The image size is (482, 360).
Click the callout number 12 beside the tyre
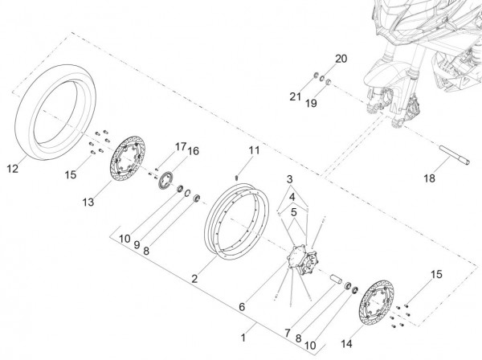click(12, 169)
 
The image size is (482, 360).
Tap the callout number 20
click(340, 60)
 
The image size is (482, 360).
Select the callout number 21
click(296, 96)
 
